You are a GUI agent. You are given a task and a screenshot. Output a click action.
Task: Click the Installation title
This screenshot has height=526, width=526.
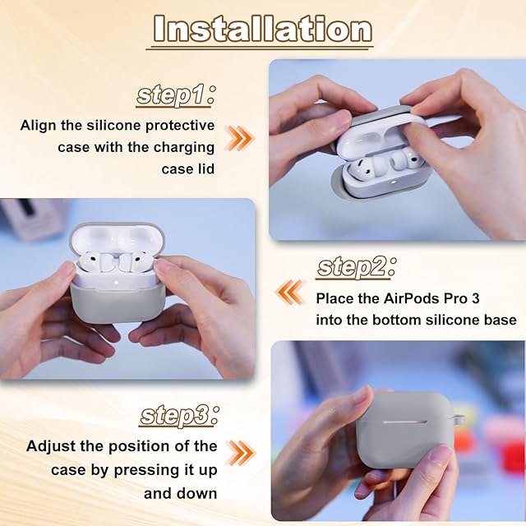262,30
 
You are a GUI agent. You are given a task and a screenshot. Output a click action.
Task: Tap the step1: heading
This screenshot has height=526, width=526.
175,95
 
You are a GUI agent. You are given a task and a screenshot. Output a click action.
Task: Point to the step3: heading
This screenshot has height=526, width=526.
179,416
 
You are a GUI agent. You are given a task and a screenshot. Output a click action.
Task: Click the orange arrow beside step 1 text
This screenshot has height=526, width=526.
239,138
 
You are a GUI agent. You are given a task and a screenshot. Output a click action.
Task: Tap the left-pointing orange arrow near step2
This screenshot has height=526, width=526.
290,292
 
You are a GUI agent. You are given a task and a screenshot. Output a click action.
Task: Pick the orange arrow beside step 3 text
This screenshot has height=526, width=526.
240,453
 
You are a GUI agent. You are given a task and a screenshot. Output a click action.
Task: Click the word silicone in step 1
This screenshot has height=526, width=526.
114,126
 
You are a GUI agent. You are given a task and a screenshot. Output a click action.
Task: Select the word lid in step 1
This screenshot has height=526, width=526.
205,168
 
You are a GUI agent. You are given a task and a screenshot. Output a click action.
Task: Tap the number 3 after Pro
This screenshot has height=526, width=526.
475,298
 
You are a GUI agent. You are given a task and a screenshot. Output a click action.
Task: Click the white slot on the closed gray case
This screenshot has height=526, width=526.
405,422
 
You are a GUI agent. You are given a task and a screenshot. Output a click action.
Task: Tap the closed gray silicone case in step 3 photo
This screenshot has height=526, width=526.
404,430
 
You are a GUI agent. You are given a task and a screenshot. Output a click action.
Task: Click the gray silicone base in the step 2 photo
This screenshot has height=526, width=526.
118,303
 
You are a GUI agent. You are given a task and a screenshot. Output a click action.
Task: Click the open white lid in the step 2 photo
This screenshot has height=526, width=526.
117,239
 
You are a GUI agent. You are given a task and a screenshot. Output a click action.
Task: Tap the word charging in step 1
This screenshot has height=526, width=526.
184,148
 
